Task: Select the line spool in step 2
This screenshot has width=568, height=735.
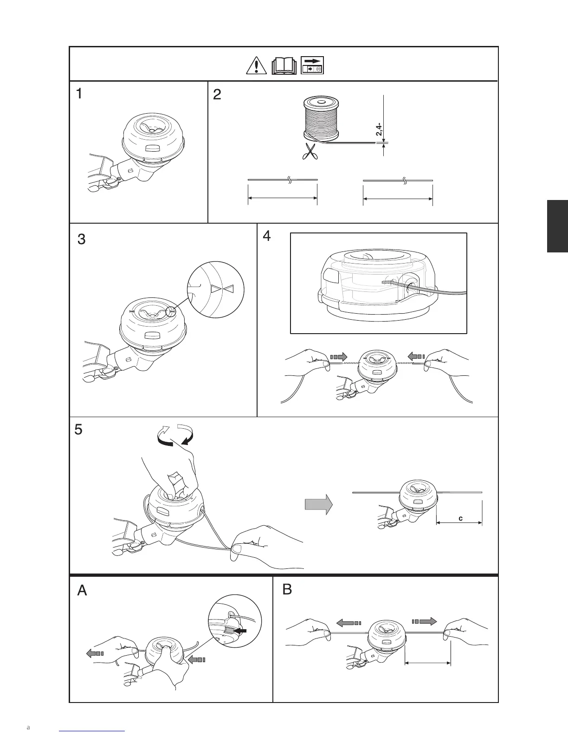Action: click(321, 119)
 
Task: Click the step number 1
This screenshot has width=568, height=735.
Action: click(80, 95)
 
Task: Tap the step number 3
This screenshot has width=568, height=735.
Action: click(81, 240)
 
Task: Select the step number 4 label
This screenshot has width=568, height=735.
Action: click(266, 236)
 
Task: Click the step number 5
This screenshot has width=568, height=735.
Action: click(78, 430)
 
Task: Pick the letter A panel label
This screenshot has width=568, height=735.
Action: click(82, 591)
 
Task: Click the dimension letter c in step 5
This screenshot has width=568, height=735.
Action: click(460, 518)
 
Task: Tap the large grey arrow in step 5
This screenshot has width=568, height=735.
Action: click(319, 504)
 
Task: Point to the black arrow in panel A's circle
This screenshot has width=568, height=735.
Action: click(241, 632)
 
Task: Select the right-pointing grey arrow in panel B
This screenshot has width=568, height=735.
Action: click(424, 621)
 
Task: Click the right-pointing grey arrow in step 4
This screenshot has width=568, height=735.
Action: click(338, 357)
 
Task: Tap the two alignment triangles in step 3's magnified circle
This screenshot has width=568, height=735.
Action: click(221, 290)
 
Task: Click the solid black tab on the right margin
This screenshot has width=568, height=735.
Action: click(557, 226)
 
